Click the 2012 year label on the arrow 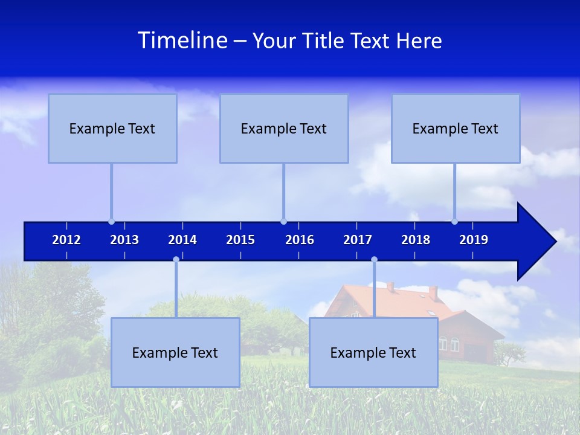click(66, 240)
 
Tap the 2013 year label click(124, 240)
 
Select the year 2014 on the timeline click(182, 240)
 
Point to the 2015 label click(240, 240)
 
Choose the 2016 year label click(300, 240)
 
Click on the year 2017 click(358, 240)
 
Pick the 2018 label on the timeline click(416, 240)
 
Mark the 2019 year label click(474, 240)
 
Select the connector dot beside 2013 click(111, 221)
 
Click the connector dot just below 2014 click(176, 260)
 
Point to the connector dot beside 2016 click(283, 221)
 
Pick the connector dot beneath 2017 click(374, 260)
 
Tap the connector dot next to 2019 click(454, 221)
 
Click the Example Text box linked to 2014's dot click(175, 352)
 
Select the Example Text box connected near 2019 click(456, 128)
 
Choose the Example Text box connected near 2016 click(284, 128)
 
